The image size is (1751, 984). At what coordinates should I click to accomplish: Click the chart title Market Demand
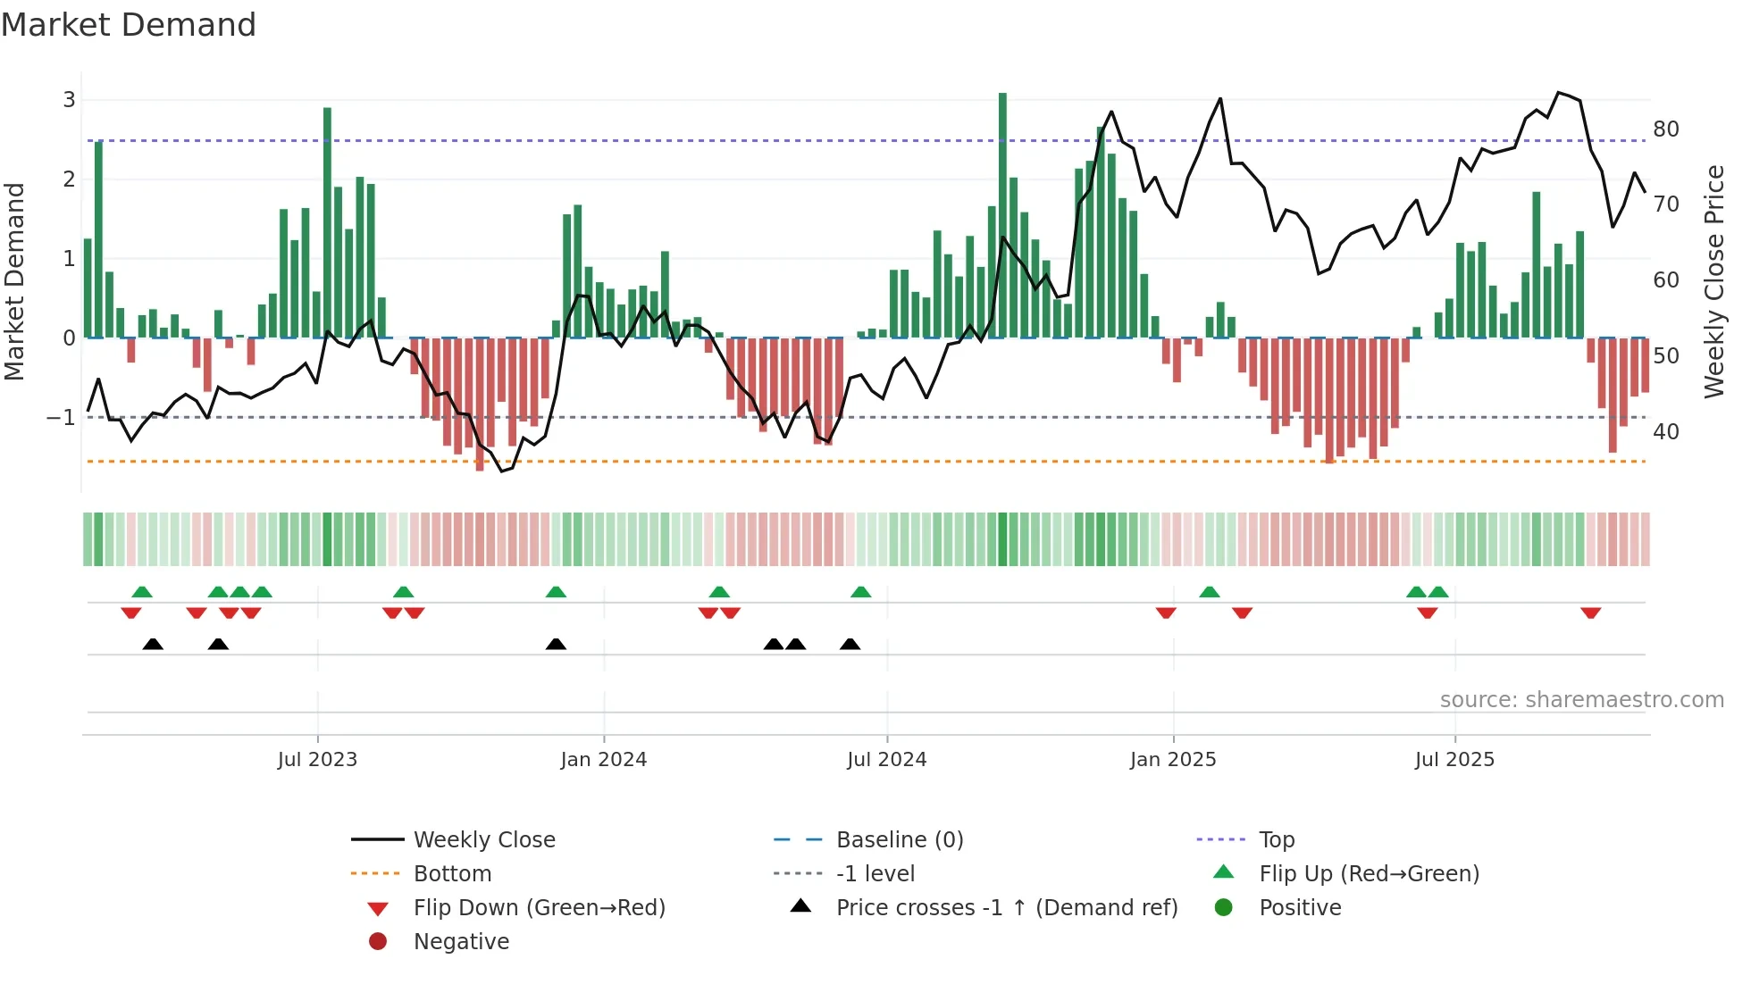pyautogui.click(x=129, y=25)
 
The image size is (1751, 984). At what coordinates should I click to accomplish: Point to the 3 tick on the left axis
pyautogui.click(x=69, y=99)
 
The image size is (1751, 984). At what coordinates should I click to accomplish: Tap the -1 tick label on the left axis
pyautogui.click(x=61, y=417)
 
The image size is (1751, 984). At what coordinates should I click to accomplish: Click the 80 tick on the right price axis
pyautogui.click(x=1666, y=129)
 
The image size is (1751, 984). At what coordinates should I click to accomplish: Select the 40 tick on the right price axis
pyautogui.click(x=1666, y=432)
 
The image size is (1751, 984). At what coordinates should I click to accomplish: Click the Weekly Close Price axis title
pyautogui.click(x=1713, y=281)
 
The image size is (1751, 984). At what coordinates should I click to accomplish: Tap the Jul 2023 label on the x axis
pyautogui.click(x=317, y=760)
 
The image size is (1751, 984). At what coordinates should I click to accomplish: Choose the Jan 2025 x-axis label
pyautogui.click(x=1172, y=760)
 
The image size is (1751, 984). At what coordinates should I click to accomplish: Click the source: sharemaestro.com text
pyautogui.click(x=1581, y=700)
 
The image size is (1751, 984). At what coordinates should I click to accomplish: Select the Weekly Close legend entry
pyautogui.click(x=483, y=840)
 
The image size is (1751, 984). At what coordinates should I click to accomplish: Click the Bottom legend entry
pyautogui.click(x=452, y=874)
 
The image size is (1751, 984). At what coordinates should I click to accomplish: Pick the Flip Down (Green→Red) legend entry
pyautogui.click(x=539, y=908)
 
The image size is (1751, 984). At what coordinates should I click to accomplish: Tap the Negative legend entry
pyautogui.click(x=461, y=942)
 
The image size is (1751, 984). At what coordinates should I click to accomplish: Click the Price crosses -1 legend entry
pyautogui.click(x=1006, y=908)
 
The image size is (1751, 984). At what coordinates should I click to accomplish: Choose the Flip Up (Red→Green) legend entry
pyautogui.click(x=1369, y=874)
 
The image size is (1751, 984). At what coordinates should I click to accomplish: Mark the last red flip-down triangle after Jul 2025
pyautogui.click(x=1590, y=613)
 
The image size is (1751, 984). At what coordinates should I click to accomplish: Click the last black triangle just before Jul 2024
pyautogui.click(x=850, y=644)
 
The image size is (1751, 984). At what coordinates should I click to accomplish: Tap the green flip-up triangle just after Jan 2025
pyautogui.click(x=1209, y=592)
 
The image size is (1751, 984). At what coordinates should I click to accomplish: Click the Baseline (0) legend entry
pyautogui.click(x=899, y=840)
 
